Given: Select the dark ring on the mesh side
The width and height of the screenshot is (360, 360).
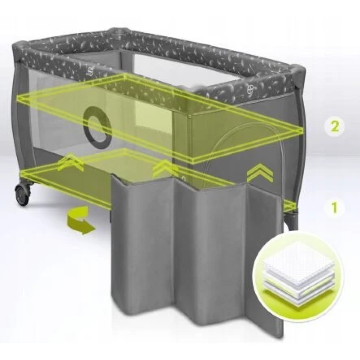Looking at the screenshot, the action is (98, 126).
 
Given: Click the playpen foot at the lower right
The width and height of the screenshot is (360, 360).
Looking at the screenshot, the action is (291, 220).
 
